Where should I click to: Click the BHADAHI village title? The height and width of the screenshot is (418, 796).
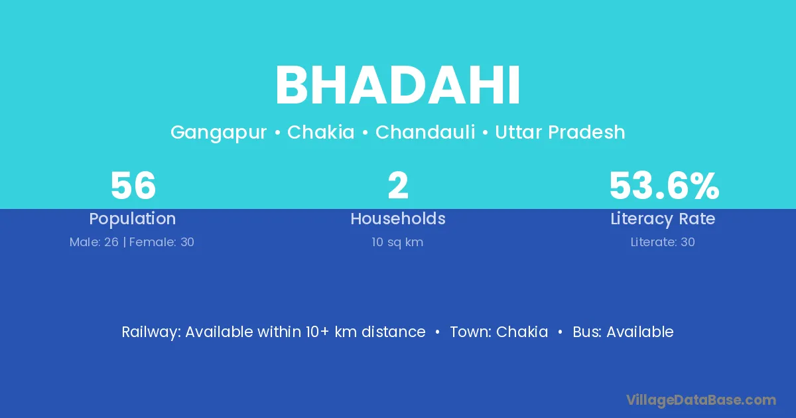click(398, 86)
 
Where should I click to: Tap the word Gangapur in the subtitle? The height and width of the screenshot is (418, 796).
click(218, 133)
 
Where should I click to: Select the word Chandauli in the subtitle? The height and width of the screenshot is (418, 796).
click(425, 132)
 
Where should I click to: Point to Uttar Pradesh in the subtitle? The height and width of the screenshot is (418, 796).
click(560, 132)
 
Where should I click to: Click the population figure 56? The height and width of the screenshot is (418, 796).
click(133, 186)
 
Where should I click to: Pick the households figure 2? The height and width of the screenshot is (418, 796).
click(398, 185)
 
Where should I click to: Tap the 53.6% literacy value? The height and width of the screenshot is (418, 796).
click(664, 186)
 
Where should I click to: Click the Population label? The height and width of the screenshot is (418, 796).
click(133, 219)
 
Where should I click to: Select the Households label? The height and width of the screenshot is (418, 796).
click(398, 218)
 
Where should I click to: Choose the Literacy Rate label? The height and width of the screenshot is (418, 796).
click(663, 219)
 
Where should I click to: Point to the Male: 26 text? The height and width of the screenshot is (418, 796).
click(94, 242)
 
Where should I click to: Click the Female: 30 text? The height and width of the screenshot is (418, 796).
click(162, 242)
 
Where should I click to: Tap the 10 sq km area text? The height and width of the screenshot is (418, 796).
click(397, 242)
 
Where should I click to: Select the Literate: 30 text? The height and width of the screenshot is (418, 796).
click(663, 242)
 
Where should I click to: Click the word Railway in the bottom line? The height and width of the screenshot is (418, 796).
click(151, 332)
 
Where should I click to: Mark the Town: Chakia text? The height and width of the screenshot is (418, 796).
click(499, 332)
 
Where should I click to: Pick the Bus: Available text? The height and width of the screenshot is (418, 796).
click(623, 332)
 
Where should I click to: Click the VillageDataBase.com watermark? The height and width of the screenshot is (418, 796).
click(701, 400)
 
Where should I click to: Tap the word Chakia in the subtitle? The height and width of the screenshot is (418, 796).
click(320, 132)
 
